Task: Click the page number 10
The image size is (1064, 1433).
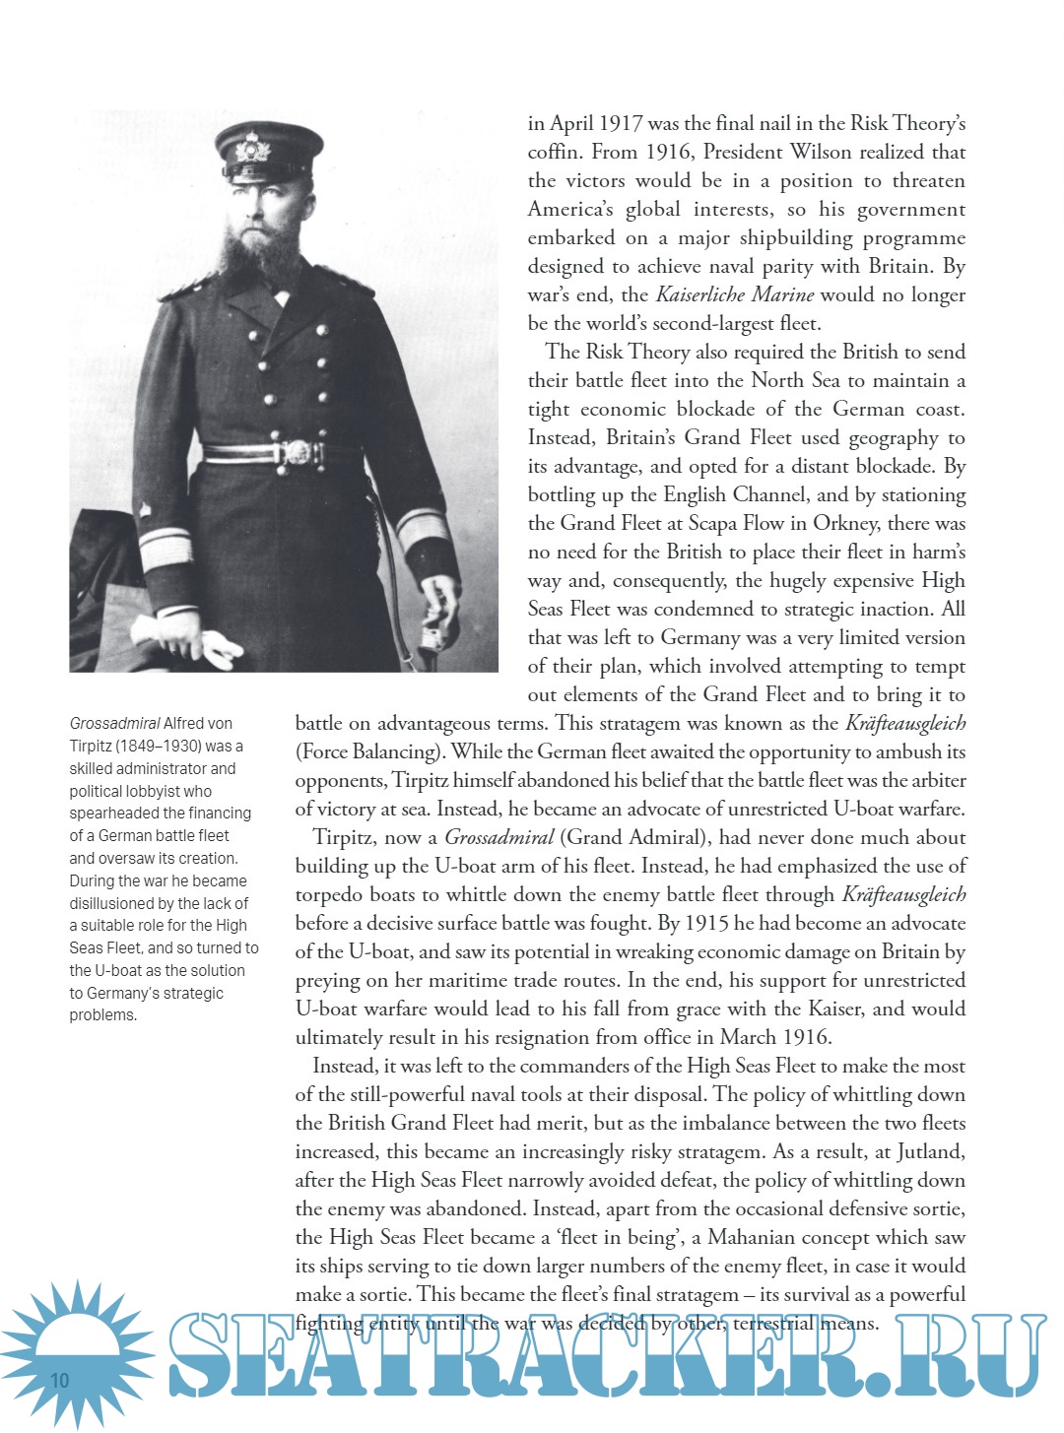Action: click(x=60, y=1380)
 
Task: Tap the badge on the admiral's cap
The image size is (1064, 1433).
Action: click(x=253, y=149)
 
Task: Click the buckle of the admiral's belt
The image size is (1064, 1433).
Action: click(x=296, y=453)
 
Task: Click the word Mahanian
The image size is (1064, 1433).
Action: click(x=764, y=1238)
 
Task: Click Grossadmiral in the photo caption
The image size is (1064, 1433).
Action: click(x=114, y=724)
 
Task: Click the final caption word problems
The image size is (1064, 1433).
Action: click(x=102, y=1015)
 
